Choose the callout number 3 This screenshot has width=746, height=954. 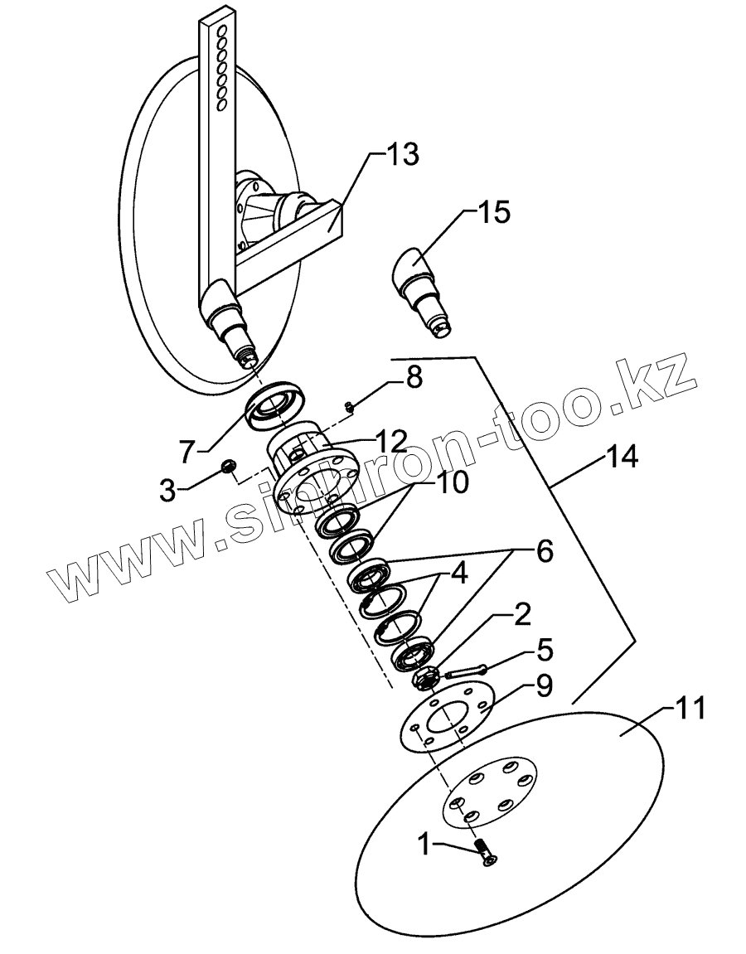point(167,489)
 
